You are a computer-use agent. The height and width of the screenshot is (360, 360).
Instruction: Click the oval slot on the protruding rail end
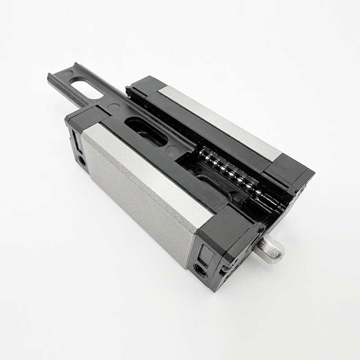pyautogui.click(x=86, y=88)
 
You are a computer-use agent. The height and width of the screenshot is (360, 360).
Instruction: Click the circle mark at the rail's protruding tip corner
pyautogui.click(x=67, y=72)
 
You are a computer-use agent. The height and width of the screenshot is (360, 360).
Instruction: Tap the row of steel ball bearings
pyautogui.click(x=229, y=173)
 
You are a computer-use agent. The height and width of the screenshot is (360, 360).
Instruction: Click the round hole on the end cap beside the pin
pyautogui.click(x=200, y=270)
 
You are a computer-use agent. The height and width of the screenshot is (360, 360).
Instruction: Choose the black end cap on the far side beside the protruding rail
pyautogui.click(x=144, y=85)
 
